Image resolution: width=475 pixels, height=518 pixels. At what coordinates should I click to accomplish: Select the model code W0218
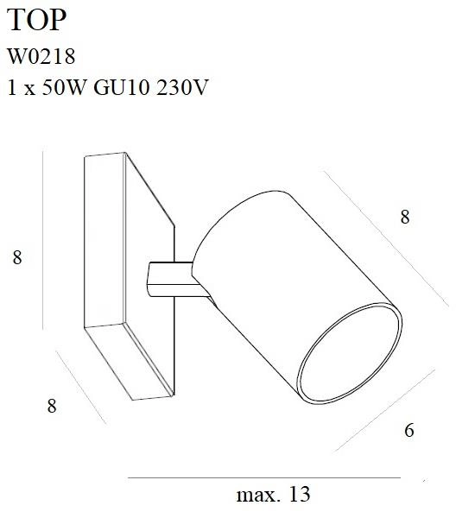click(41, 57)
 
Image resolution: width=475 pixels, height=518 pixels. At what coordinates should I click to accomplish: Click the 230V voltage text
click(185, 87)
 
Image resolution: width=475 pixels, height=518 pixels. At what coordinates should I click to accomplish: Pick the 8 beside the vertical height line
click(16, 257)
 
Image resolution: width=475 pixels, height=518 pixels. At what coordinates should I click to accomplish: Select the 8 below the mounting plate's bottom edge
click(52, 405)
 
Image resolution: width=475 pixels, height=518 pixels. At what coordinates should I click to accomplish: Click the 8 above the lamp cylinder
click(404, 218)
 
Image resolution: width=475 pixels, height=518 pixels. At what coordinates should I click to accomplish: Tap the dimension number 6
click(408, 429)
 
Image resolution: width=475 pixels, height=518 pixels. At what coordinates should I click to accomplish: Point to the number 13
click(299, 496)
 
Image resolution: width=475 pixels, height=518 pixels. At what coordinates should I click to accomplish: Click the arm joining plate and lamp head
click(169, 277)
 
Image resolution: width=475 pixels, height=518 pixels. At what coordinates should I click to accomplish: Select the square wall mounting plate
click(130, 276)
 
